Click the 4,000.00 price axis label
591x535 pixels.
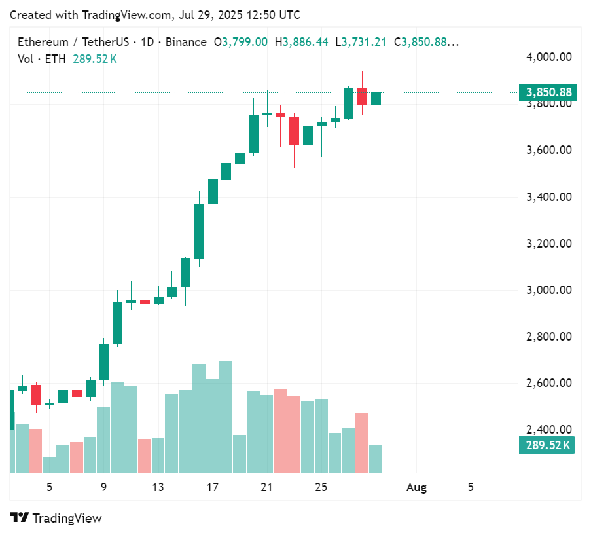(548, 57)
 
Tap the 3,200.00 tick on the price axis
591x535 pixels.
(548, 244)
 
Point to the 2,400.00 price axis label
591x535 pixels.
(548, 430)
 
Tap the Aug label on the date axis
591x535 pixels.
(416, 487)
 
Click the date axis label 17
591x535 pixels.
(212, 487)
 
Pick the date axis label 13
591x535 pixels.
(158, 487)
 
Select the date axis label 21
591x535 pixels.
(266, 487)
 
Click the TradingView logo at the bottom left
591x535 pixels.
(56, 518)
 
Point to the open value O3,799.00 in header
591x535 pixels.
(241, 42)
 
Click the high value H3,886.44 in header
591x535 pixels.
(301, 42)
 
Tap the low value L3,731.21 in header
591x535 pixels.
(361, 42)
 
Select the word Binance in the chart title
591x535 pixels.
(186, 42)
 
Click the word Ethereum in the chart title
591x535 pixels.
(43, 42)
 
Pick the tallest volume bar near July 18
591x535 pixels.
(226, 416)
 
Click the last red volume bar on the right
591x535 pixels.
(362, 443)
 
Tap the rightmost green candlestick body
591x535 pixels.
(376, 98)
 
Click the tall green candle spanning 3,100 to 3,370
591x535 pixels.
(199, 231)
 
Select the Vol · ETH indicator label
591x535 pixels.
(41, 59)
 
